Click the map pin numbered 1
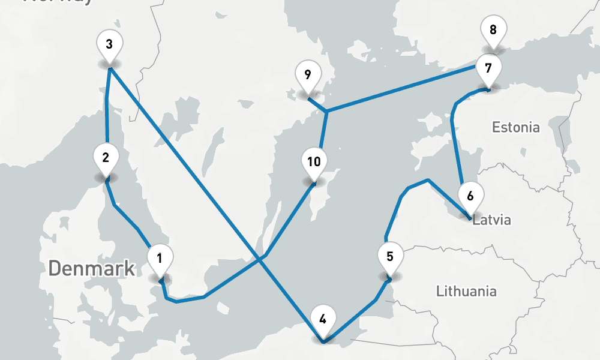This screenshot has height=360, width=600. pos(160,259)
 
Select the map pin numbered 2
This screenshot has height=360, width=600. pos(106,159)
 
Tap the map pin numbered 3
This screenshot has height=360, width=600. pos(109,45)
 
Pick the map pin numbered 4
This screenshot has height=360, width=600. pos(323,319)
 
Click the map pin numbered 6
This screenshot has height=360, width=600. pos(470,196)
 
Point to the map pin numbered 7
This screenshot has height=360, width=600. pos(488,68)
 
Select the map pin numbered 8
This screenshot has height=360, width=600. pos(493,30)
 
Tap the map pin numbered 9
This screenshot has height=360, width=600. pos(308,76)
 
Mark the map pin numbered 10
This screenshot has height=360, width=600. pos(314,162)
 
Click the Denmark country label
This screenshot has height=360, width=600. pos(92,268)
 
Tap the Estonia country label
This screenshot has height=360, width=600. pos(515,127)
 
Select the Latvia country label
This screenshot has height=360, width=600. pos(492,220)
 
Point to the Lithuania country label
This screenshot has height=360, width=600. pos(466,292)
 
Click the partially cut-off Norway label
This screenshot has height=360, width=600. pos(57,2)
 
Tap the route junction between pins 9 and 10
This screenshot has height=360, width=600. pos(326,112)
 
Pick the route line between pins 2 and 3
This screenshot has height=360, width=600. pos(106,114)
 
